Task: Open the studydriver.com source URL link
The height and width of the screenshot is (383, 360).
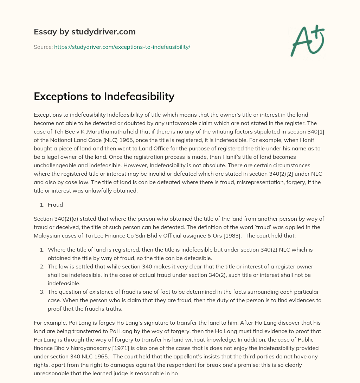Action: (122, 47)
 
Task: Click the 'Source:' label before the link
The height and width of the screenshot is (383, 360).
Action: (43, 47)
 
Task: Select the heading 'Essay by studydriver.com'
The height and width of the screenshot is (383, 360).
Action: (85, 32)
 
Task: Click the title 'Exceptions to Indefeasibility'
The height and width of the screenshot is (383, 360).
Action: (104, 96)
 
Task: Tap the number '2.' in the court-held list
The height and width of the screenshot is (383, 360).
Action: (42, 266)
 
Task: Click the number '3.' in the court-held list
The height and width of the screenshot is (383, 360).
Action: (42, 292)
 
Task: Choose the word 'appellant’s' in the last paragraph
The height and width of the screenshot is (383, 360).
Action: (144, 356)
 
